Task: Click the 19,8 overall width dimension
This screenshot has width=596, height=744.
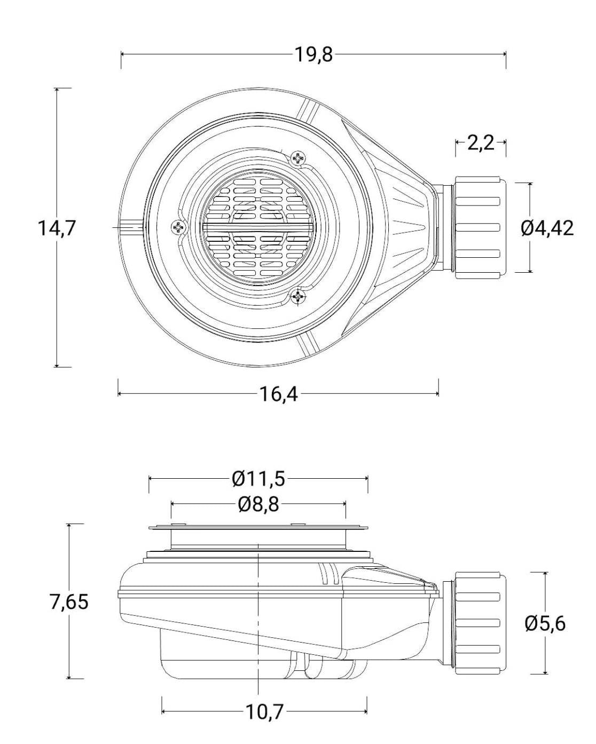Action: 313,54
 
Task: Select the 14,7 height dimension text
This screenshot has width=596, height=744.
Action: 56,228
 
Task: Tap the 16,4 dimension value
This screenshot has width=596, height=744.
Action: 278,394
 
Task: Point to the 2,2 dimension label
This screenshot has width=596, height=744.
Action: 481,143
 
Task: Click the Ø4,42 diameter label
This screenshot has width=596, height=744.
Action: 547,228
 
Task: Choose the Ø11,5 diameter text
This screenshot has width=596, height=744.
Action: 258,479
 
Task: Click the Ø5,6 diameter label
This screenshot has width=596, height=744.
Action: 545,624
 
